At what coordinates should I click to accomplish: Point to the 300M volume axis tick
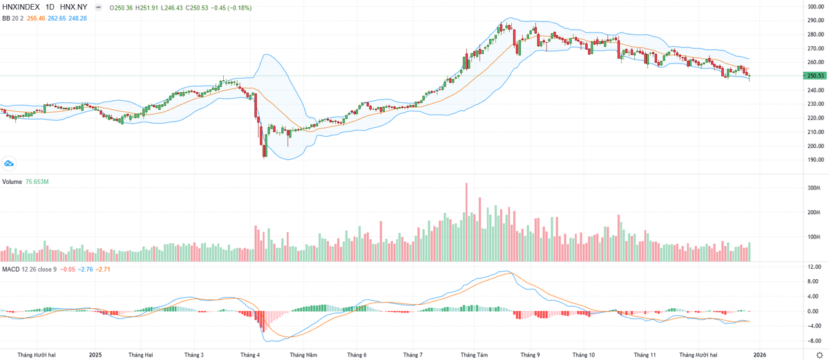coord(812,188)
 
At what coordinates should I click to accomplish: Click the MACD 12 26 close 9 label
coord(28,268)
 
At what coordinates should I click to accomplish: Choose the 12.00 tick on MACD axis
coord(813,267)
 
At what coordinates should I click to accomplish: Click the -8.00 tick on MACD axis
coord(813,341)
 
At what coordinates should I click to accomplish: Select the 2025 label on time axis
coord(95,354)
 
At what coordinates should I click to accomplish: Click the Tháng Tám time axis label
coord(474,354)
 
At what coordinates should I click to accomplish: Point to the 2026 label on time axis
coord(759,354)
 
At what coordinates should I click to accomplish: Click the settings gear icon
coord(819,354)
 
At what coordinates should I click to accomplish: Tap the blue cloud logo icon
coord(9,163)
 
